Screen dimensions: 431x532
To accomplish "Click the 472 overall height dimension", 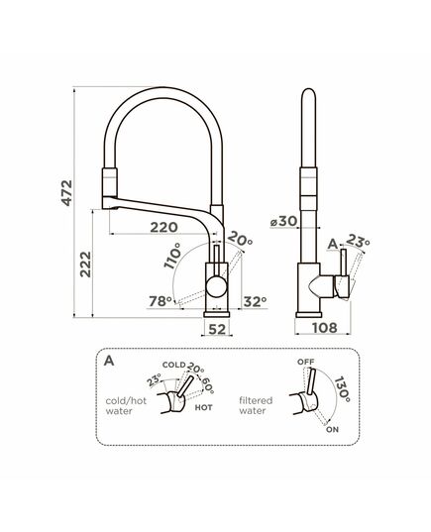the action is (66, 193).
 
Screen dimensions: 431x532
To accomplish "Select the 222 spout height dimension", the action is (85, 265).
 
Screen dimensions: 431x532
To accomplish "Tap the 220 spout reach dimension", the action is (163, 227).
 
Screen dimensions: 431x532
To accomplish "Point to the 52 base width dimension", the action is (217, 329).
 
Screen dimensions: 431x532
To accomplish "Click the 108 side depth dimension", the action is (325, 328).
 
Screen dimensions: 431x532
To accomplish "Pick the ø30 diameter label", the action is (283, 221).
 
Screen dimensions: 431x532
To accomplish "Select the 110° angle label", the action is (172, 257).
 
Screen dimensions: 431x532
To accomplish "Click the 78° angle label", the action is (161, 301).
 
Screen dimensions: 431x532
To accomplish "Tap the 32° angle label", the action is (255, 301).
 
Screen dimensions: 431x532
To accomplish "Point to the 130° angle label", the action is (342, 389).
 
